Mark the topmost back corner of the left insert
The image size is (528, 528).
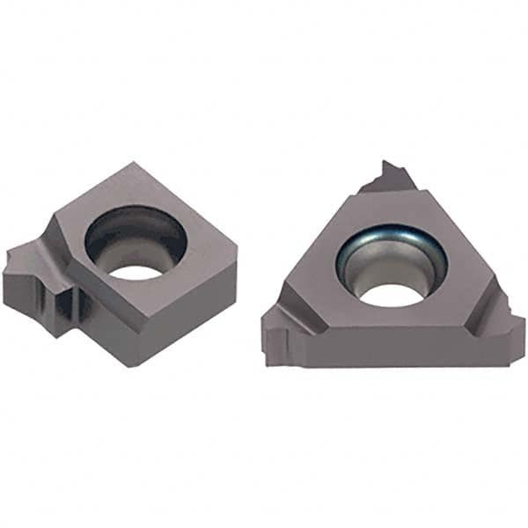point(134,164)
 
